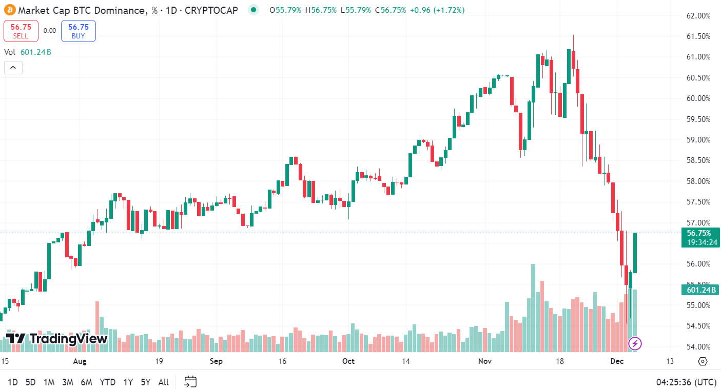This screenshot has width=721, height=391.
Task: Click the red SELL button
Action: (x=21, y=31)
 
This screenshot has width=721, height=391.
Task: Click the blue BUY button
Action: (x=78, y=31)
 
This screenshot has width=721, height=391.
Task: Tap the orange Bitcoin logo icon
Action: (x=10, y=10)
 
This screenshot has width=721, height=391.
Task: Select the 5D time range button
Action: (x=31, y=382)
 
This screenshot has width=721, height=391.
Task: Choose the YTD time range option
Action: (x=107, y=382)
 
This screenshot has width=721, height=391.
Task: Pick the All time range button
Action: (x=163, y=382)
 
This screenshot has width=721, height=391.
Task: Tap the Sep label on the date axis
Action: (x=216, y=361)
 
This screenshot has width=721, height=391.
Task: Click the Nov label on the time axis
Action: (x=485, y=361)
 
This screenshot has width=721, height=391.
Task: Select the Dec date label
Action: (x=617, y=361)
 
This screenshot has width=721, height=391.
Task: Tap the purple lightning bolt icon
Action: (x=635, y=343)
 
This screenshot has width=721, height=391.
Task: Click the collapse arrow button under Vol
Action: (x=13, y=67)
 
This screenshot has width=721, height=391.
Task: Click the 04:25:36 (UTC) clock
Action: (x=686, y=382)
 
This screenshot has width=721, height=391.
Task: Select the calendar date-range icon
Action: (x=190, y=382)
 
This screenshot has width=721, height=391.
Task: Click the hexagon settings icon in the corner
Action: (x=703, y=361)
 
